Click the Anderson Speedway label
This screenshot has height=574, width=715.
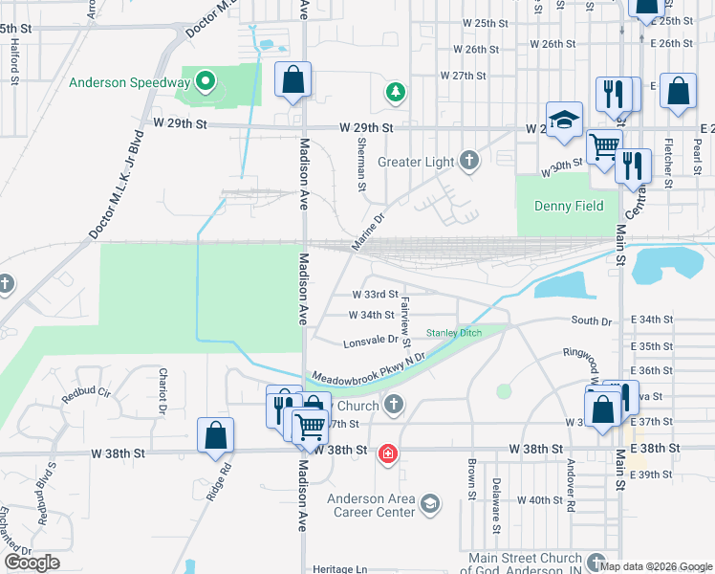pyautogui.click(x=129, y=82)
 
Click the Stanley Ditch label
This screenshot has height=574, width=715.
pyautogui.click(x=454, y=332)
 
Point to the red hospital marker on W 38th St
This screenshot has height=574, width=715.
pyautogui.click(x=388, y=453)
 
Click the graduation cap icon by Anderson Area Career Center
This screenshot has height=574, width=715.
pyautogui.click(x=430, y=502)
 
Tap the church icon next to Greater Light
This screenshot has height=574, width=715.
pyautogui.click(x=468, y=161)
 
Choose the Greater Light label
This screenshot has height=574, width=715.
pyautogui.click(x=415, y=162)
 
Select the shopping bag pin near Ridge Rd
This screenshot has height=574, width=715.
pyautogui.click(x=216, y=435)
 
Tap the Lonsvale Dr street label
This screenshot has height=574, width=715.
pyautogui.click(x=371, y=340)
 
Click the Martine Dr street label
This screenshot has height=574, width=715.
pyautogui.click(x=367, y=232)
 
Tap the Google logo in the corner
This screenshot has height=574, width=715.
pyautogui.click(x=31, y=563)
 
